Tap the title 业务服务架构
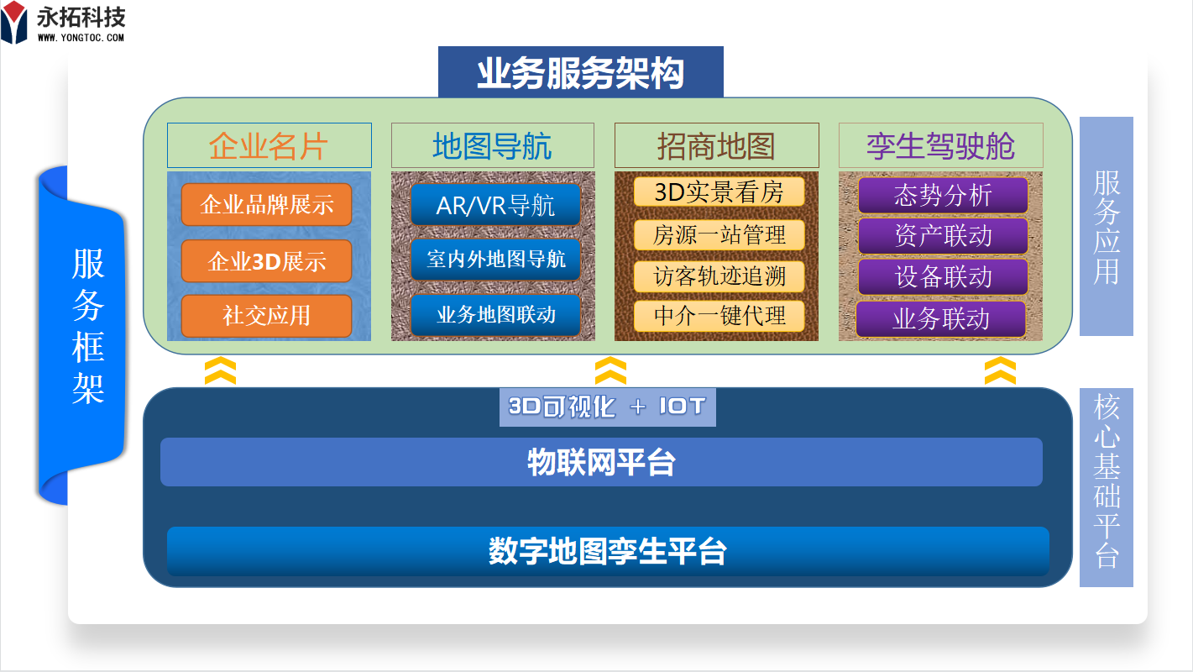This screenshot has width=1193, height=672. tap(580, 72)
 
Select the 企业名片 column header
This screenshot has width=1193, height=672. tap(269, 146)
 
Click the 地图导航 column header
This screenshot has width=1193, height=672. tap(492, 146)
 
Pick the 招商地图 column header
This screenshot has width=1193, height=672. tap(716, 146)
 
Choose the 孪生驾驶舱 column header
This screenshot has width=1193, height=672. tap(940, 146)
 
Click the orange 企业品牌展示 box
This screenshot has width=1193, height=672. tap(266, 204)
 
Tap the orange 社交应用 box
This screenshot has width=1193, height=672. tap(266, 316)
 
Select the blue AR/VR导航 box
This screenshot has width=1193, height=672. tap(495, 205)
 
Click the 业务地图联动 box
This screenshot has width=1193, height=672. tap(495, 316)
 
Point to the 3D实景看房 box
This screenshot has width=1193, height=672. tap(719, 192)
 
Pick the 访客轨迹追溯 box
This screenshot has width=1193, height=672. tap(719, 276)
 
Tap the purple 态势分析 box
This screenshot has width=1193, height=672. tap(942, 195)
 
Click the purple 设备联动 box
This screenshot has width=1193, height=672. tap(942, 277)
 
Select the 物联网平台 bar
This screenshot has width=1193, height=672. tap(601, 462)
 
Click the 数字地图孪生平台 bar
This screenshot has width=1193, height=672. tap(608, 551)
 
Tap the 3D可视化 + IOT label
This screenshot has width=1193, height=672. tap(607, 407)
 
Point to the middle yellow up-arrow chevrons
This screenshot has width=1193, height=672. tap(610, 370)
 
